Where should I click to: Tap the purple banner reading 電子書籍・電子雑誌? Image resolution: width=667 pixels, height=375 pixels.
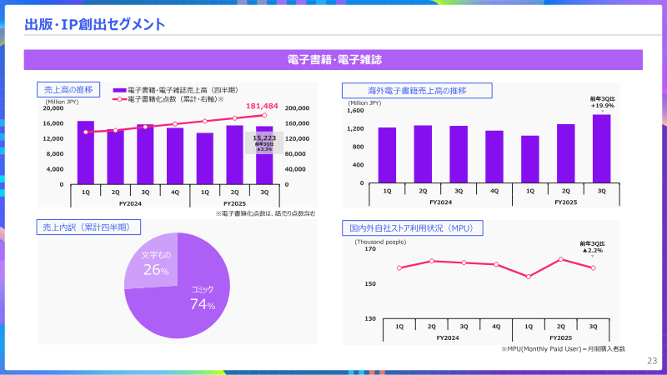pyautogui.click(x=333, y=60)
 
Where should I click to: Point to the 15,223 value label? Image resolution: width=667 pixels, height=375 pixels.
pyautogui.click(x=264, y=137)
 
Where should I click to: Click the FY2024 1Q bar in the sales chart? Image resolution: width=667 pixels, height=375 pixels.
pyautogui.click(x=86, y=152)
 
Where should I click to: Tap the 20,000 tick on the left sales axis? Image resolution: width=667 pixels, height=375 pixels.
pyautogui.click(x=53, y=108)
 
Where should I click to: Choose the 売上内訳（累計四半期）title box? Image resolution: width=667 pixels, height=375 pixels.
pyautogui.click(x=88, y=226)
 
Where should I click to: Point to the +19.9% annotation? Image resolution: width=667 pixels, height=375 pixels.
pyautogui.click(x=602, y=106)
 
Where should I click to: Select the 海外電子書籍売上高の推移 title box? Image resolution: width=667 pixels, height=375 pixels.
pyautogui.click(x=417, y=90)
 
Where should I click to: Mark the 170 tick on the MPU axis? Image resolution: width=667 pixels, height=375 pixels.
pyautogui.click(x=369, y=248)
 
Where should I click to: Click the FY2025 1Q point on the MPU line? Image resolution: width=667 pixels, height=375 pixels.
pyautogui.click(x=529, y=276)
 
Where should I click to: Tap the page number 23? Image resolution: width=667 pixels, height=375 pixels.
pyautogui.click(x=652, y=361)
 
